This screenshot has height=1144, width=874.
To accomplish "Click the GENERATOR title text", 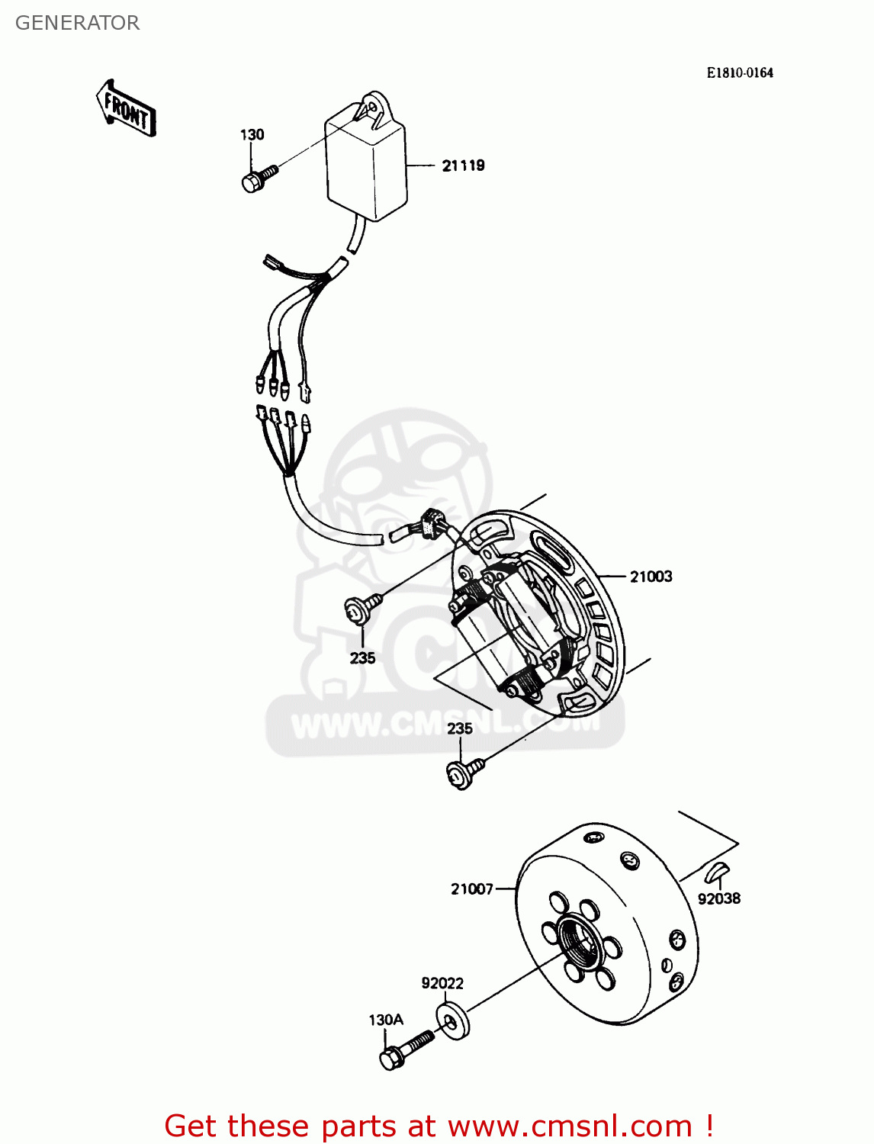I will pos(77,23).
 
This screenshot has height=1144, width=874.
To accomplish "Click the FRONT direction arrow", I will pos(127,109).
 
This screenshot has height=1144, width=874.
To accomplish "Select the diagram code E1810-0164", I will pos(739,72).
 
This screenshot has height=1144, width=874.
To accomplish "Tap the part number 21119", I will pos(463,165).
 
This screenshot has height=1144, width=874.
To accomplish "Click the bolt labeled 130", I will pos(257,179).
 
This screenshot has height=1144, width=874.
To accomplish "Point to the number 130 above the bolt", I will pos(252,135).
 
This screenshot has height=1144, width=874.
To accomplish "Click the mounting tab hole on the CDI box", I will pos(373,104).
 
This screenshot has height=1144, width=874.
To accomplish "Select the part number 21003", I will pos(651,577).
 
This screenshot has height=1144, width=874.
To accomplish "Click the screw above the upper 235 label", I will pos(362,608).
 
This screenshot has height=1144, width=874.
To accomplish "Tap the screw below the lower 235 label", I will pos(464,773).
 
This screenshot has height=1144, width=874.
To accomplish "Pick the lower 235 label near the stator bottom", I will pos(460,728).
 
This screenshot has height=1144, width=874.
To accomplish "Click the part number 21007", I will pos(471,889).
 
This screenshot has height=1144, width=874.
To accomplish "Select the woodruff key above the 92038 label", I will pos(718,869).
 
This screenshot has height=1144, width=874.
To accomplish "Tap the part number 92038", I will pos(718,898).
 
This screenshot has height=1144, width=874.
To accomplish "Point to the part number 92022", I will pos(442,983).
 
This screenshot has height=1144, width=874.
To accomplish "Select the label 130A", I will pos(386,1020).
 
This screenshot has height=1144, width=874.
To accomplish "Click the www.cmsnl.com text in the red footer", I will pos(570,1126).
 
